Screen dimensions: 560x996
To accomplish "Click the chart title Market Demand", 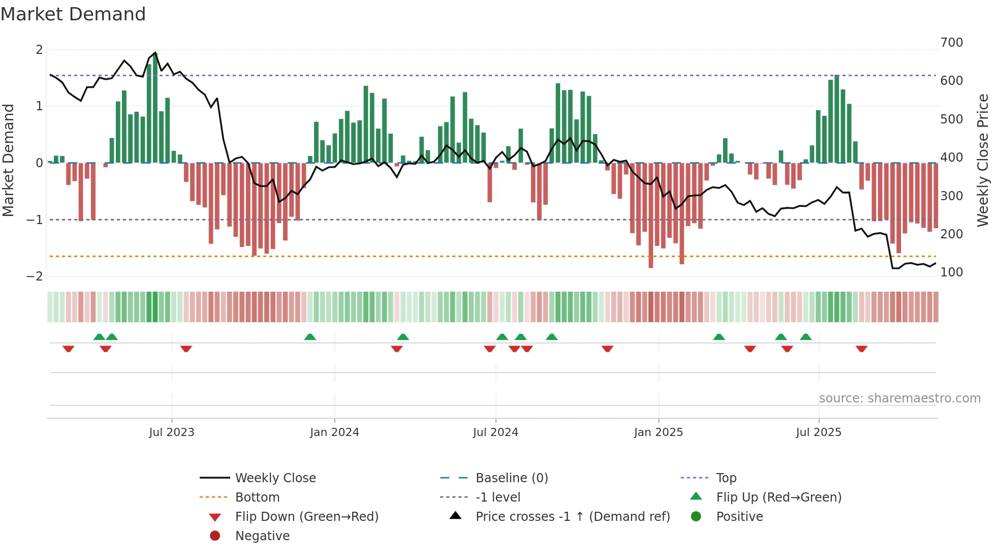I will click(73, 14).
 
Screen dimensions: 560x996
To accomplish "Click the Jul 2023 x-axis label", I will click(171, 432).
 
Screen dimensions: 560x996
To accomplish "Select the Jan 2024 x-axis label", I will click(334, 432).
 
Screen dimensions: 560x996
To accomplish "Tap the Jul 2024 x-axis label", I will click(495, 432).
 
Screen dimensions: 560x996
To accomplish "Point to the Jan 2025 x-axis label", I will click(658, 432).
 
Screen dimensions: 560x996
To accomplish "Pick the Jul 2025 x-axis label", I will click(819, 432).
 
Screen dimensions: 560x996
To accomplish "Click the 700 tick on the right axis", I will click(951, 43).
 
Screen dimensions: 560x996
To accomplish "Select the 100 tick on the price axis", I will click(951, 272).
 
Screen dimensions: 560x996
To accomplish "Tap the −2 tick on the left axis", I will click(35, 276).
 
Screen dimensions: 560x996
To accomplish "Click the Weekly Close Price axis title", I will click(983, 160).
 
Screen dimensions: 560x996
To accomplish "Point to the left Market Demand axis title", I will click(9, 160).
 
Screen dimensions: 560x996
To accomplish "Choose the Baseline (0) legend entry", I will click(511, 478).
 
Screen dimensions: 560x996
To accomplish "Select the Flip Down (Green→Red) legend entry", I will click(306, 517).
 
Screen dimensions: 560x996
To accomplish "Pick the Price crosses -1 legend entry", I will click(572, 517).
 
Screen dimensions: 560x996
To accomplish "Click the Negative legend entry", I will click(262, 536).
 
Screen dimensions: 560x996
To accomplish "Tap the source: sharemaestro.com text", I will click(899, 398).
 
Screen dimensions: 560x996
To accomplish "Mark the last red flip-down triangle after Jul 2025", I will click(861, 349).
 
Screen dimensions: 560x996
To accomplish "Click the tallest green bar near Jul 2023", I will click(155, 108).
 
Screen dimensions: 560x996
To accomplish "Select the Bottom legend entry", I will click(257, 497).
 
